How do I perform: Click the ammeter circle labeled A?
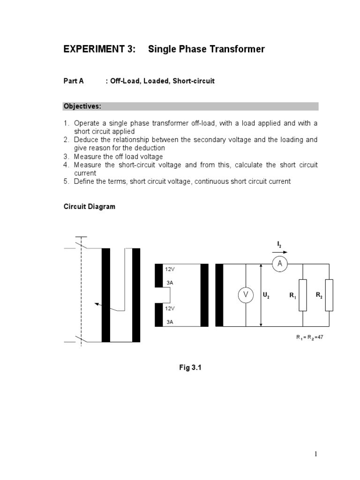pyautogui.click(x=280, y=264)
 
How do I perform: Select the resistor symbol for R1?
pyautogui.click(x=303, y=295)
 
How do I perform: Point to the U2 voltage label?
pyautogui.click(x=266, y=295)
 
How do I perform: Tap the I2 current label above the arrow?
pyautogui.click(x=279, y=244)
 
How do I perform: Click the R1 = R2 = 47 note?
pyautogui.click(x=310, y=337)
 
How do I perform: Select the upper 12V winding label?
pyautogui.click(x=170, y=270)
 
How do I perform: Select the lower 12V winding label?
pyautogui.click(x=170, y=308)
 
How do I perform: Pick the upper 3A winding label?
pyautogui.click(x=169, y=283)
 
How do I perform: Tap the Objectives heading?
pyautogui.click(x=82, y=106)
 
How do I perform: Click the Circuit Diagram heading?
pyautogui.click(x=89, y=207)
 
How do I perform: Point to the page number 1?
pyautogui.click(x=316, y=454)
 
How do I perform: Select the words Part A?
pyautogui.click(x=74, y=81)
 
